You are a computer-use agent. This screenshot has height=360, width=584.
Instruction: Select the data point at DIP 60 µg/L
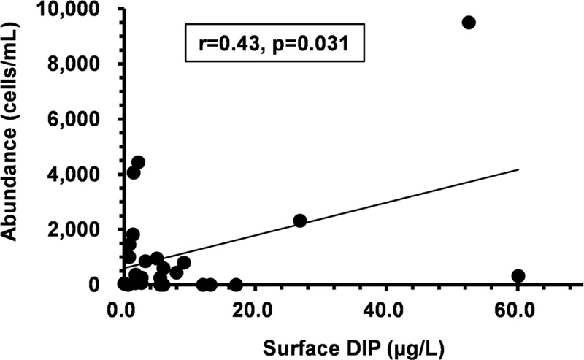click(x=518, y=276)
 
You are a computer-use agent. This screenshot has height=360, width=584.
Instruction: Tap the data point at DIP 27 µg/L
click(x=299, y=221)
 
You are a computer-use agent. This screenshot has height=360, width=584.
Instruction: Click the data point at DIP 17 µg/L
click(x=236, y=285)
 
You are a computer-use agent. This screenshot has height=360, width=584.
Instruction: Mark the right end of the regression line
click(x=518, y=169)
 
